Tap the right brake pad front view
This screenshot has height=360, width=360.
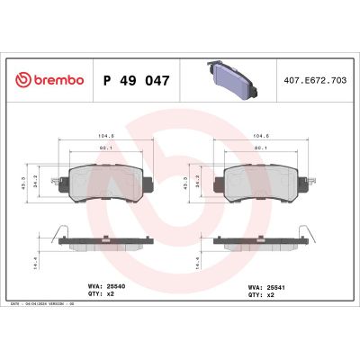263,180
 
